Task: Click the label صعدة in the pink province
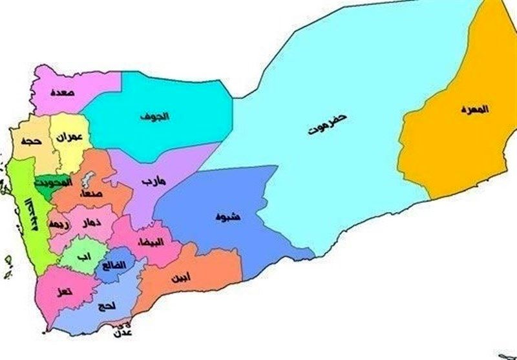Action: (62, 92)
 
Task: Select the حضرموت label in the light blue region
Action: (328, 125)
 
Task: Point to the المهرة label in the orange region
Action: (475, 109)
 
